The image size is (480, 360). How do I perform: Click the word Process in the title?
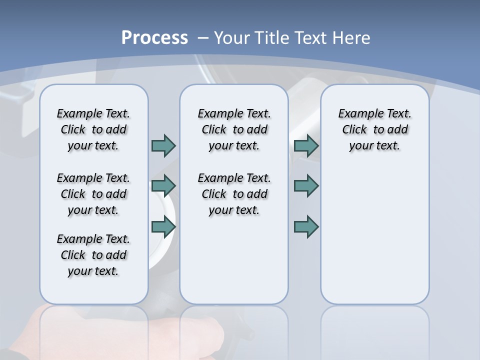point(154,38)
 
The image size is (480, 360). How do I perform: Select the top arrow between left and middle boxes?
point(163,145)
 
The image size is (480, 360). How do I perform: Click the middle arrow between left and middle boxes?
point(163,186)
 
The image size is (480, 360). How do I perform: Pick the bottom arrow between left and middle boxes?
point(163,226)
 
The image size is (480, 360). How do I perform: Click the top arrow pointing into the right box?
point(306,145)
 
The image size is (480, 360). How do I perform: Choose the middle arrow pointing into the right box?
point(306,186)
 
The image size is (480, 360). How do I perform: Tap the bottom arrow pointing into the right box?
point(306,226)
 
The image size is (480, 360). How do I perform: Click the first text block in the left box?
point(93,129)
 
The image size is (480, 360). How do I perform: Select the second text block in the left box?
point(93,194)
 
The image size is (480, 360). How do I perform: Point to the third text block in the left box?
point(93,255)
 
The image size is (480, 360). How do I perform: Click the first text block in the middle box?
point(234,129)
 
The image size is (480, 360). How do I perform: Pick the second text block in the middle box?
point(234,194)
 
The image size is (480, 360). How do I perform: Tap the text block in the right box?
point(374,129)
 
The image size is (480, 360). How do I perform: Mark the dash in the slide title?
point(203,38)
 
